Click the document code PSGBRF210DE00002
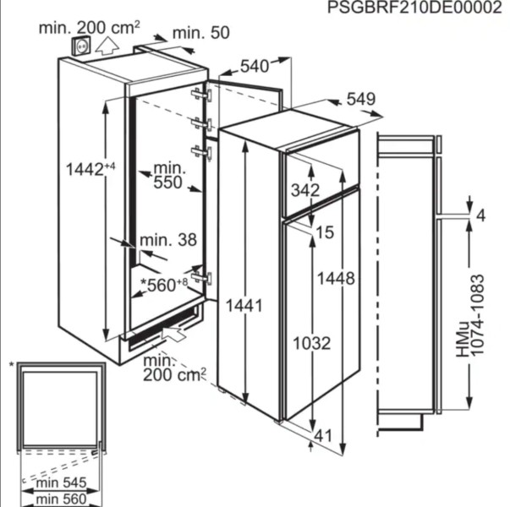click(414, 7)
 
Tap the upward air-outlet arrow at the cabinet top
click(107, 46)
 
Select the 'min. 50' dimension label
click(201, 33)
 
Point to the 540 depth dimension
click(255, 66)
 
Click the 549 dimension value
click(361, 99)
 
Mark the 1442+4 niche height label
click(90, 169)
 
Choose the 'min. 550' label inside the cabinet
click(168, 176)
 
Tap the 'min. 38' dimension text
click(168, 240)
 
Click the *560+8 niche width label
click(164, 285)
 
